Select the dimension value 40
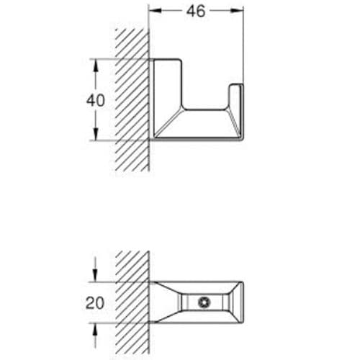[95, 100]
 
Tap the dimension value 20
[95, 305]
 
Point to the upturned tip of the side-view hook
[235, 91]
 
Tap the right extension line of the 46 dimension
[243, 43]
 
